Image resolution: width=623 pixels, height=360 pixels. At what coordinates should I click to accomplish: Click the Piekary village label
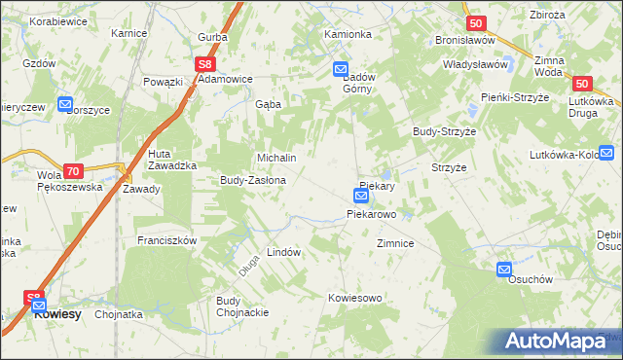coord(376,185)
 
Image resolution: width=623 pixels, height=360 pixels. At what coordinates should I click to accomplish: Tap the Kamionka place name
coord(348,34)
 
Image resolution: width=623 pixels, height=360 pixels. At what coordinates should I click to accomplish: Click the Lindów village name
coord(283,251)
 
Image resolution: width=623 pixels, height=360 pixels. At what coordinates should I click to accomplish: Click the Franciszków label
coord(167,240)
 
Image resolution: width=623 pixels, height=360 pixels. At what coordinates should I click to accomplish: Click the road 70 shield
coord(73,169)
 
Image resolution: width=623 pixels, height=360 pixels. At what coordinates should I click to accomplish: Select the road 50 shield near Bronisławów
coord(475,22)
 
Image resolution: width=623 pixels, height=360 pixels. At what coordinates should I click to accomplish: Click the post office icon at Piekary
coord(360,197)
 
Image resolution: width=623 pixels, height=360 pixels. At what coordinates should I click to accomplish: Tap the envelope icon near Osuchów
coord(504,269)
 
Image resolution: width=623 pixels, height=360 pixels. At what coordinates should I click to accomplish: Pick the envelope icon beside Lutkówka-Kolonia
coord(607,152)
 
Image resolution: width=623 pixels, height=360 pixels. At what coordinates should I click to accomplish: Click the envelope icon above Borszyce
coord(65,104)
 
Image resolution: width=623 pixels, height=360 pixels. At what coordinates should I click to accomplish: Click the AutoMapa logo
coord(558,342)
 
